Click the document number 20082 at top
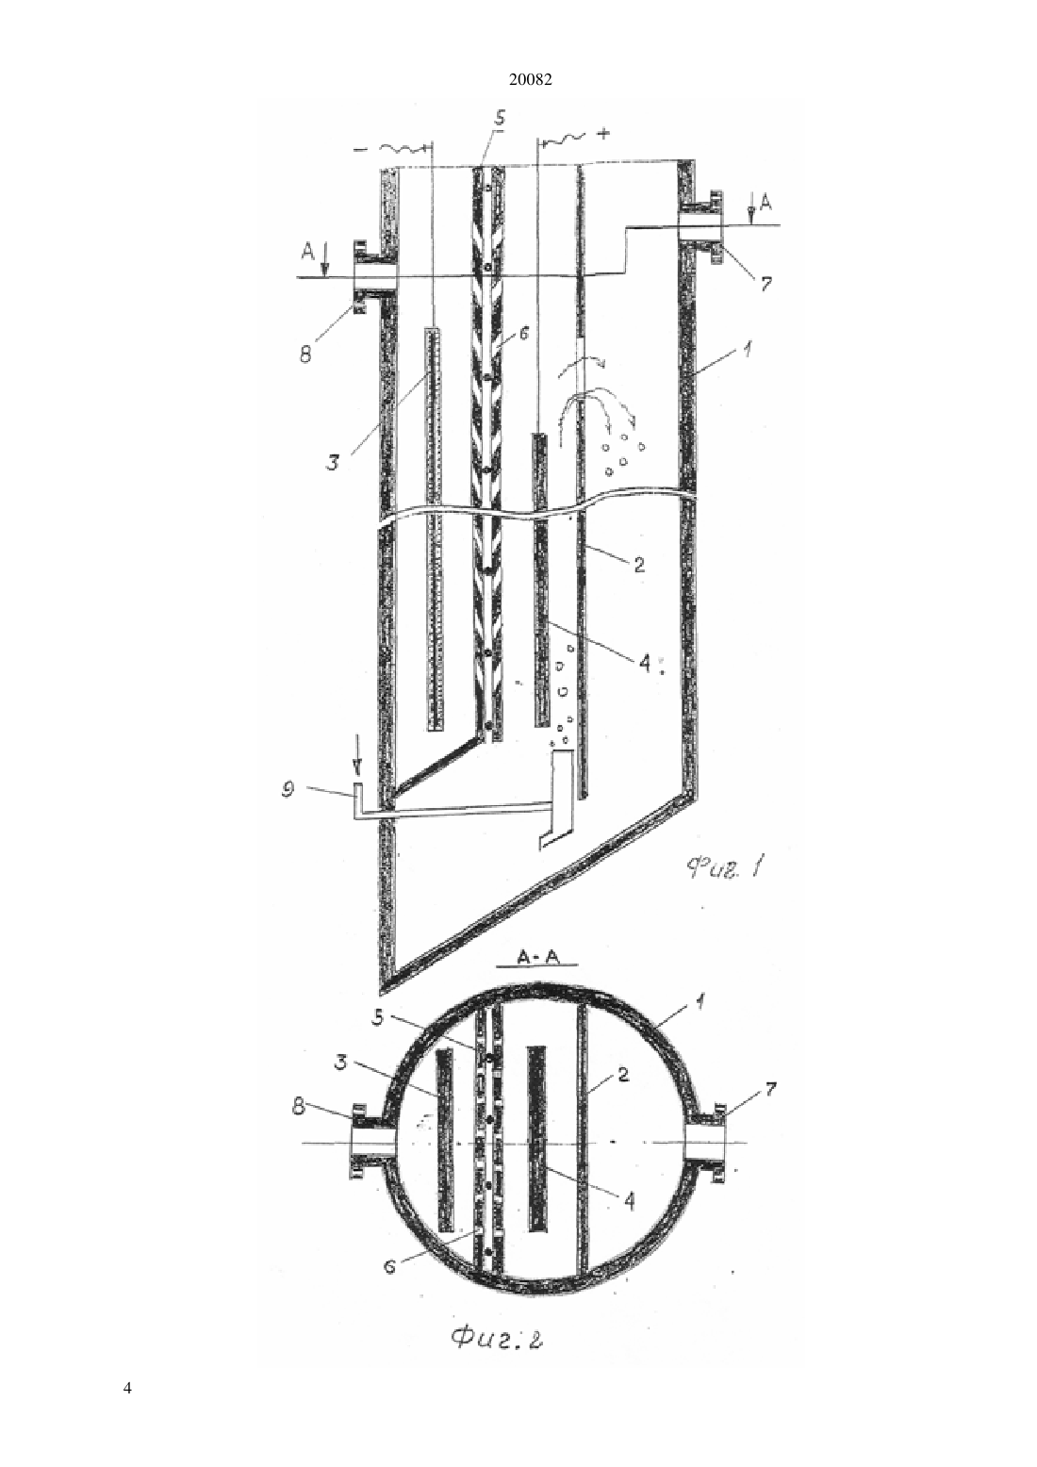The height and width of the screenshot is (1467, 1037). pyautogui.click(x=530, y=80)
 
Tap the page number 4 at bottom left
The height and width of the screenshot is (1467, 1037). pyautogui.click(x=127, y=1388)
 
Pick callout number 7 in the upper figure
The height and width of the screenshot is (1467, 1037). pyautogui.click(x=765, y=283)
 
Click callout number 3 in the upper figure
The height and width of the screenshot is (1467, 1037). pyautogui.click(x=334, y=464)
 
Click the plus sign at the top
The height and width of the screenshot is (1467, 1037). pyautogui.click(x=602, y=134)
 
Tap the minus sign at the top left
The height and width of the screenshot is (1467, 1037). pyautogui.click(x=361, y=150)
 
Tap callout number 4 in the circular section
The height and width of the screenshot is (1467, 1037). pyautogui.click(x=629, y=1202)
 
